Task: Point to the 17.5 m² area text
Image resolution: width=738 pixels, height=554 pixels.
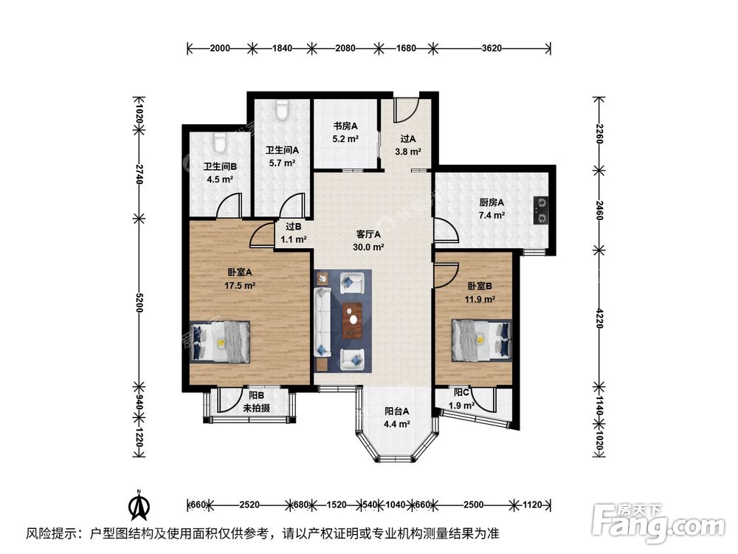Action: (x=240, y=284)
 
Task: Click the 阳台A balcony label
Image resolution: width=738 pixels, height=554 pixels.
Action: (x=396, y=412)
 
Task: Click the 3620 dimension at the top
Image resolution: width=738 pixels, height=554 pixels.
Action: (x=492, y=49)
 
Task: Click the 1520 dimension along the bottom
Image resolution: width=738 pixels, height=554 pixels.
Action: (x=336, y=505)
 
